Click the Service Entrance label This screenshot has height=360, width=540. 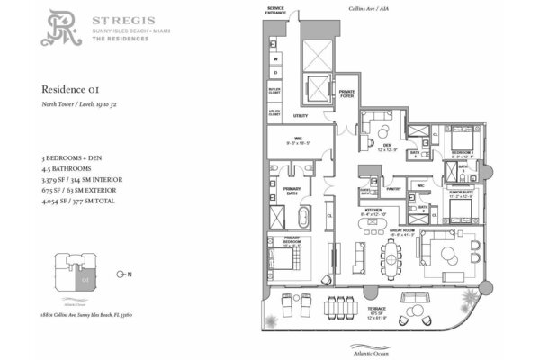(x=274, y=10)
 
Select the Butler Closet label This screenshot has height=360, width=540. (x=275, y=92)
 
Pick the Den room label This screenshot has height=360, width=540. (x=386, y=145)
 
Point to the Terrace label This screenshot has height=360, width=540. (x=385, y=319)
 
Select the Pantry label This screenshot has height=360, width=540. (x=392, y=189)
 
